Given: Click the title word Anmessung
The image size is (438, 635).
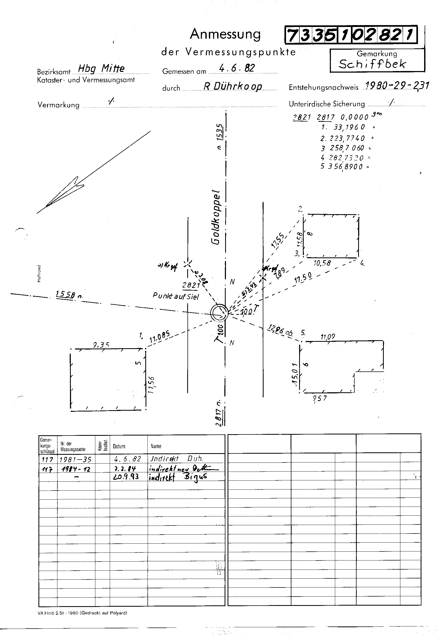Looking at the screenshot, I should coord(225,34).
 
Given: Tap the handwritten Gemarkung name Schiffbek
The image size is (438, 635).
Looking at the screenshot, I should coord(372,64).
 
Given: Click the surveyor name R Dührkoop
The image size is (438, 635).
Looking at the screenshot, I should coord(232,87).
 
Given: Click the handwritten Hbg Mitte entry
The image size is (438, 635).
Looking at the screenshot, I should coord(101,68).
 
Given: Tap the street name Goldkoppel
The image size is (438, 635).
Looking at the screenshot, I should coord(216,217).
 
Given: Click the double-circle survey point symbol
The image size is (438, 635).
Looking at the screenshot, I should coord(219,313).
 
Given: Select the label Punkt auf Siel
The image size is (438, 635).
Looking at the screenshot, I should coord(176,296).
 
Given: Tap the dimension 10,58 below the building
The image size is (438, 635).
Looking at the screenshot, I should coord(322,264).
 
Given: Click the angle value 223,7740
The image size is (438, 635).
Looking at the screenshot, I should coord(347,138).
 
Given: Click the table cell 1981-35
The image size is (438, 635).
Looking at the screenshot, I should coord(76,459).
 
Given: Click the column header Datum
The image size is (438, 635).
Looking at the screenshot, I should coord(119,446).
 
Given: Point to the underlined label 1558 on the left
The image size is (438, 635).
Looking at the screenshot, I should coord(65,295).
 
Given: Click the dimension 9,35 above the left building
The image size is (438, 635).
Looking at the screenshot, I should coord(101,345).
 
